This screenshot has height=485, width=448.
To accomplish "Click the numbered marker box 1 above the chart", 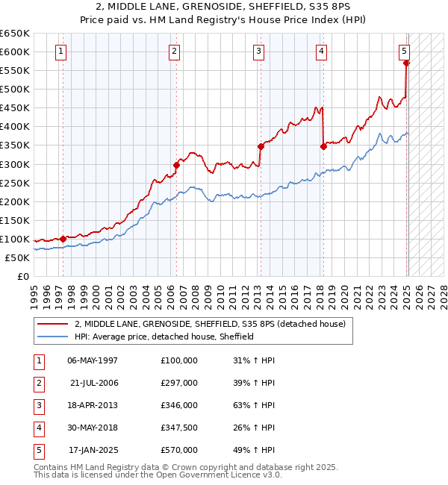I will (60, 51).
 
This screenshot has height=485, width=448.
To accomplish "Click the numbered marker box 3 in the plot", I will (258, 51).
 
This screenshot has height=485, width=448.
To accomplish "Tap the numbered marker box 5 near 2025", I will (404, 51).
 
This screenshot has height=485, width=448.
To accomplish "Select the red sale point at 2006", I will (177, 165).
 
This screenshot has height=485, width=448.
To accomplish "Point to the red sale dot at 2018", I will (323, 146).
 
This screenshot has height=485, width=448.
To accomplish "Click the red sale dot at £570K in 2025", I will (406, 63).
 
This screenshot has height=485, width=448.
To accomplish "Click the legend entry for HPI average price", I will (164, 337).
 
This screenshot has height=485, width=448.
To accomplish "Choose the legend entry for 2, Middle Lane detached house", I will (210, 324).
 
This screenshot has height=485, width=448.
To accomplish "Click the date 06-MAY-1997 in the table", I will (93, 360).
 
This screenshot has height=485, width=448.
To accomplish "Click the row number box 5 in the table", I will (38, 450).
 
